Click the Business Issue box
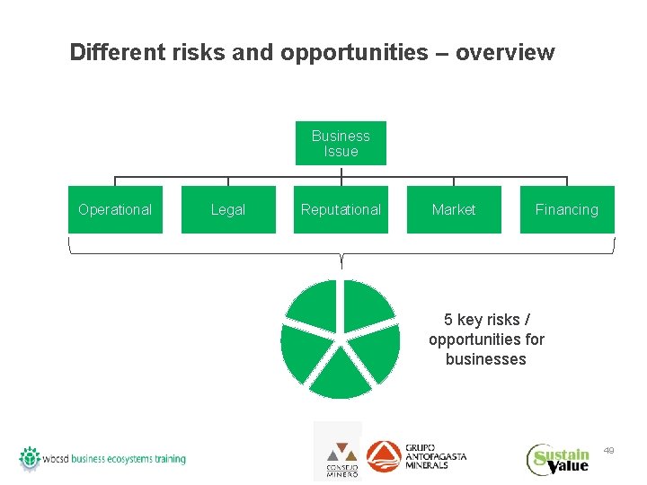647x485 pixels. point(341,144)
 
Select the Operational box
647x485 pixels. point(115,209)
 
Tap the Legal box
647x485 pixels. point(228,209)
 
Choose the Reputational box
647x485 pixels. point(341,209)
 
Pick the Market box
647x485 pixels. point(454,209)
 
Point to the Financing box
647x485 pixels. point(566,209)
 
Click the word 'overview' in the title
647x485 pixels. point(505,53)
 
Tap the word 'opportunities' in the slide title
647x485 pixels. point(354,53)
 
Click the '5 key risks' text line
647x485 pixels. point(485,320)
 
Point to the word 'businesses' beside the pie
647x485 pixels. point(485,359)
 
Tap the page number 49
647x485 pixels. point(609,449)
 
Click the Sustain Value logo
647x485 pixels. point(558,460)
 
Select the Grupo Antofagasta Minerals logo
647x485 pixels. point(416,456)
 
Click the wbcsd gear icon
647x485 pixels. point(31,458)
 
